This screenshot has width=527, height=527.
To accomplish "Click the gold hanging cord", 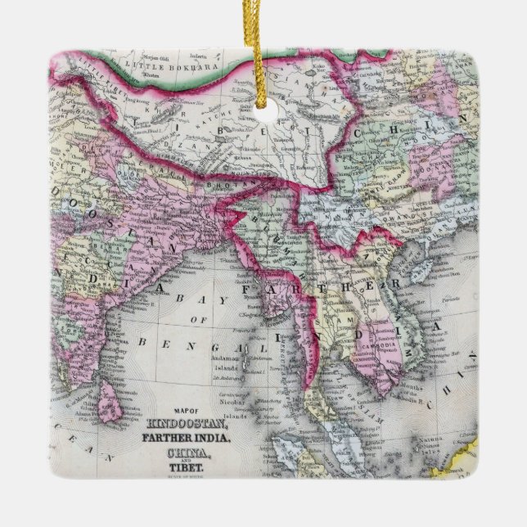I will (263, 49).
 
